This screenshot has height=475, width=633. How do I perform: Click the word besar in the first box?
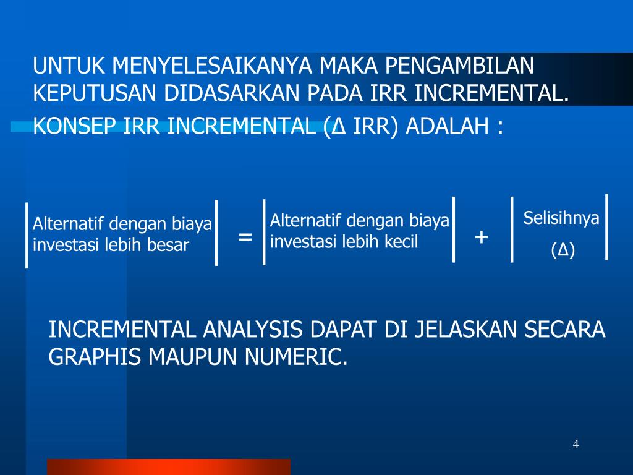click(168, 245)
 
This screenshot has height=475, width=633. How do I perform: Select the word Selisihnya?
click(561, 218)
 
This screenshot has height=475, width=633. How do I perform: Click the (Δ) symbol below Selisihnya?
click(563, 251)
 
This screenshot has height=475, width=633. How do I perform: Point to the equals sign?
click(245, 237)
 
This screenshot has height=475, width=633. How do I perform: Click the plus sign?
click(482, 237)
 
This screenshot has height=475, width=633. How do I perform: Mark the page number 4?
click(576, 443)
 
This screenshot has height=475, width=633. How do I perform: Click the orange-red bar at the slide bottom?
click(168, 466)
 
